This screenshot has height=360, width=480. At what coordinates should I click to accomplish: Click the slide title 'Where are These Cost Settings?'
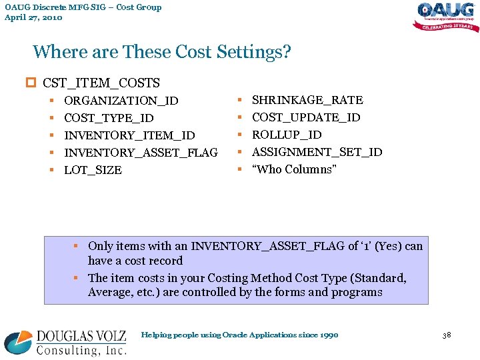pos(162,52)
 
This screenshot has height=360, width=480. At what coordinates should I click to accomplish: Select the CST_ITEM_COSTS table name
pos(101,83)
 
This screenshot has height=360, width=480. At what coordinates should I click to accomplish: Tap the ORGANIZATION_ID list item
pos(121,101)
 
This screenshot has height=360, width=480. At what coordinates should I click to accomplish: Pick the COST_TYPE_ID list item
pos(109,118)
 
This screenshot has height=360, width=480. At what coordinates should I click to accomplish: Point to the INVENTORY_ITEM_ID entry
pos(129,135)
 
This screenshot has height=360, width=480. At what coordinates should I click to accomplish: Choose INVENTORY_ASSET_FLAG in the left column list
pos(141,153)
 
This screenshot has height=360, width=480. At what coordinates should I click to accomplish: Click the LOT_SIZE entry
pos(93,170)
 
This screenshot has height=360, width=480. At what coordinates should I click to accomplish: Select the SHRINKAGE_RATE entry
pos(307,100)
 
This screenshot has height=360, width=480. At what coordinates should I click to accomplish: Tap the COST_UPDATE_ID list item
pos(306,117)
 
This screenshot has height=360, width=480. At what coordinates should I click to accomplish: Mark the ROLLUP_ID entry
pos(287,135)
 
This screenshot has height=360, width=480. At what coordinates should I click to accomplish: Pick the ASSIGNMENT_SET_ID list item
pos(317,152)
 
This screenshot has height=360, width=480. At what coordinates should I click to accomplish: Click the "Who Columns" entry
pos(294,169)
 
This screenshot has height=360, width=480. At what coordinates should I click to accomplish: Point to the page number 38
pos(447,334)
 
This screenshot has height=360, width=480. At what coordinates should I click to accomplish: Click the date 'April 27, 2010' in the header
pos(33,17)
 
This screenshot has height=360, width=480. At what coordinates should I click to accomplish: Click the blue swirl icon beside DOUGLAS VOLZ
pos(18,343)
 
